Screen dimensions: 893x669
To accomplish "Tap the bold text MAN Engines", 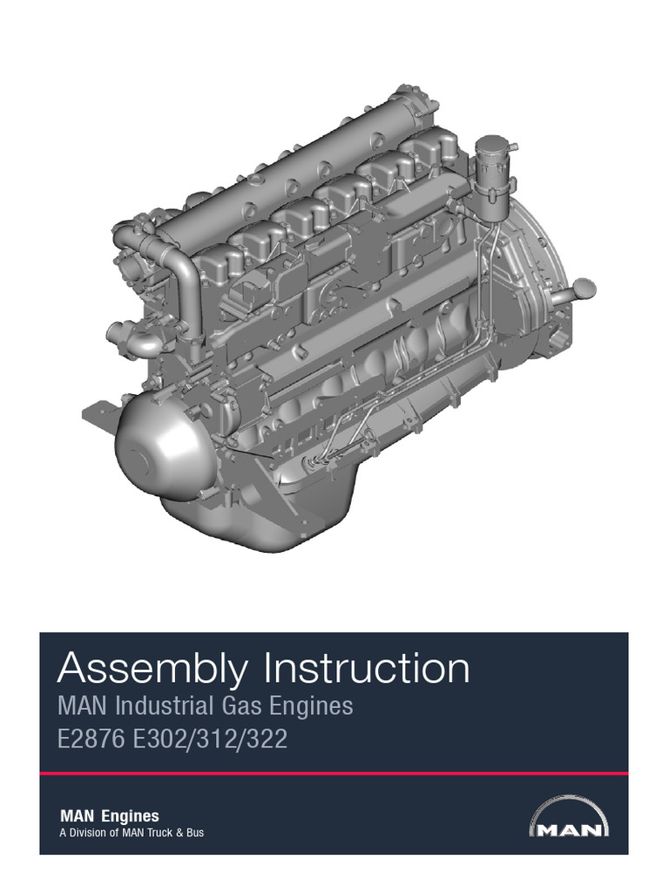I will click(109, 816).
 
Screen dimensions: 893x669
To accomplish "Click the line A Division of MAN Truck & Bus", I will click(131, 833).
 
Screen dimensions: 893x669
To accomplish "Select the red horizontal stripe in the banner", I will click(334, 773).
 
